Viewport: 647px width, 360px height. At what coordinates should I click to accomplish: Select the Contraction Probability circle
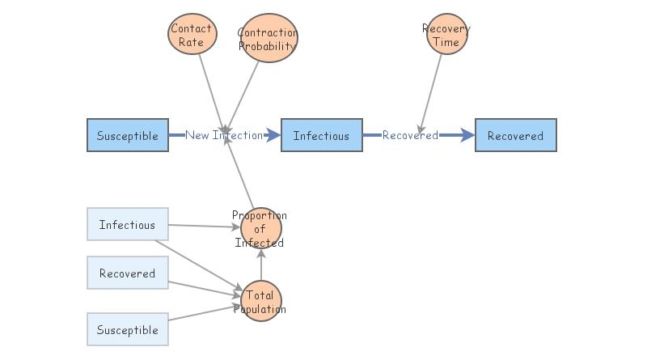point(269,38)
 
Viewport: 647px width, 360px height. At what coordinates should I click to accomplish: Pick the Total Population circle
point(260,302)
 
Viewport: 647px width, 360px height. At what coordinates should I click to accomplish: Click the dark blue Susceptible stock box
point(128,135)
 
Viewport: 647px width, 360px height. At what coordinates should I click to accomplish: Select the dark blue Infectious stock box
point(321,135)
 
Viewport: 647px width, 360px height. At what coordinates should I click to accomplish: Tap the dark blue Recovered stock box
point(515,135)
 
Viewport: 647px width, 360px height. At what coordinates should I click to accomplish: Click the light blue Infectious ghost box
point(127,225)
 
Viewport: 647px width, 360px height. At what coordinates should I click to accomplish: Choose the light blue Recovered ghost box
point(127,273)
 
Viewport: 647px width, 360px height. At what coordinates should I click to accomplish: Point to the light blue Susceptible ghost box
point(127,330)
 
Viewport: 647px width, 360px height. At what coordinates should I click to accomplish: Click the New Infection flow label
point(224,135)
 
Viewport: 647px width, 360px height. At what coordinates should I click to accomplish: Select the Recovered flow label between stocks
point(410,135)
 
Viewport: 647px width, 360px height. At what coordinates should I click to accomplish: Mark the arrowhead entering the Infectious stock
point(273,135)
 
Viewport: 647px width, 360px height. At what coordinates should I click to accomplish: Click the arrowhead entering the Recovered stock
point(467,135)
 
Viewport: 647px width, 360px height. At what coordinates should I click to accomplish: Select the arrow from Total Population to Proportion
point(260,265)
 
